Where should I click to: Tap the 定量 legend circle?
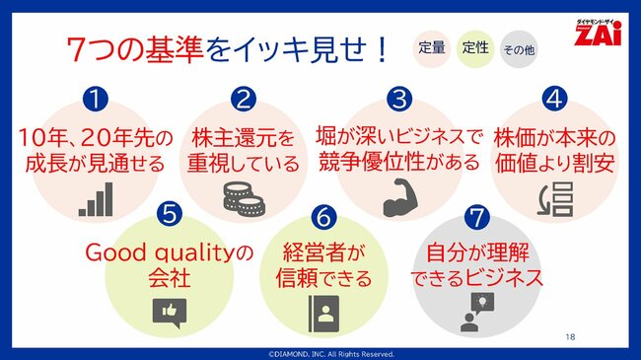pyautogui.click(x=431, y=47)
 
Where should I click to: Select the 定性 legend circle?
pyautogui.click(x=473, y=47)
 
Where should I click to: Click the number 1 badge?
pyautogui.click(x=94, y=101)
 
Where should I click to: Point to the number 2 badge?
pyautogui.click(x=244, y=101)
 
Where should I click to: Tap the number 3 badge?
pyautogui.click(x=397, y=101)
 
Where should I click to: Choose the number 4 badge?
pyautogui.click(x=554, y=100)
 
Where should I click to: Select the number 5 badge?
pyautogui.click(x=169, y=212)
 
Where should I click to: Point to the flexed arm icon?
pyautogui.click(x=398, y=196)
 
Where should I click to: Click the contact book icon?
pyautogui.click(x=321, y=312)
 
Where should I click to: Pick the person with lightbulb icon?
pyautogui.click(x=474, y=312)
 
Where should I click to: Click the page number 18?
pyautogui.click(x=571, y=336)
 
